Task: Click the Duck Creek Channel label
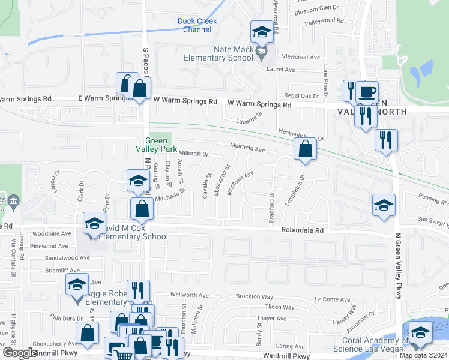coord(197,25)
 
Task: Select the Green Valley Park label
coord(159,145)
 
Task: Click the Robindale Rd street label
coord(303,230)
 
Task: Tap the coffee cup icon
coord(367,92)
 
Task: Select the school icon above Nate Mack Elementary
coord(262,32)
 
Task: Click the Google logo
coord(20,352)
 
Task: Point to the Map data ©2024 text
coord(423,355)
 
